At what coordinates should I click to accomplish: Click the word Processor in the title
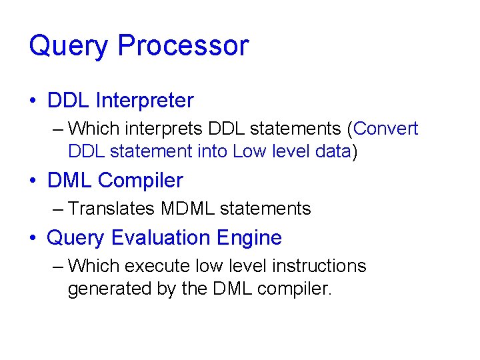[183, 46]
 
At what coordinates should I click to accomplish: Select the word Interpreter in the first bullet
[145, 101]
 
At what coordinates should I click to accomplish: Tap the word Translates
[111, 209]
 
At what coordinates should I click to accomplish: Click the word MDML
[187, 209]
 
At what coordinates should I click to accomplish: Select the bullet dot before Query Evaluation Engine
[33, 239]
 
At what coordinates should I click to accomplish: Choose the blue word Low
[249, 151]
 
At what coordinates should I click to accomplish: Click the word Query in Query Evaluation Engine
[76, 238]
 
